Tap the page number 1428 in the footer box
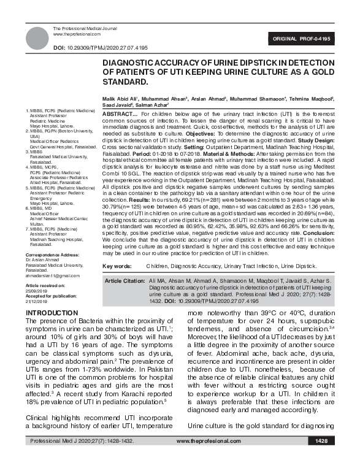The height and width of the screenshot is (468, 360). (x=321, y=458)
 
